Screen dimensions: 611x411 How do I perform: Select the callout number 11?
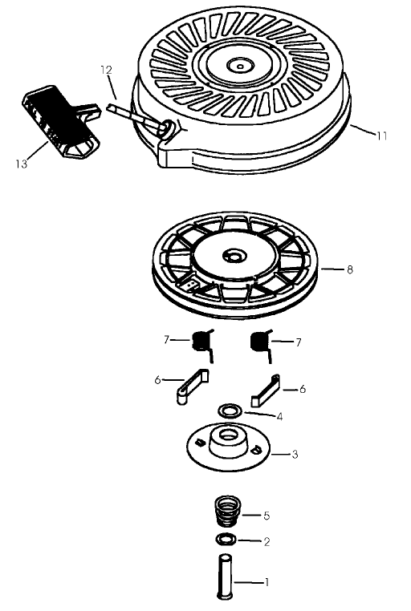coord(381,136)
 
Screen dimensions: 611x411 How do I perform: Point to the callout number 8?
coord(349,270)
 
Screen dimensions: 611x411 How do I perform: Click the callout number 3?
coord(295,455)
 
